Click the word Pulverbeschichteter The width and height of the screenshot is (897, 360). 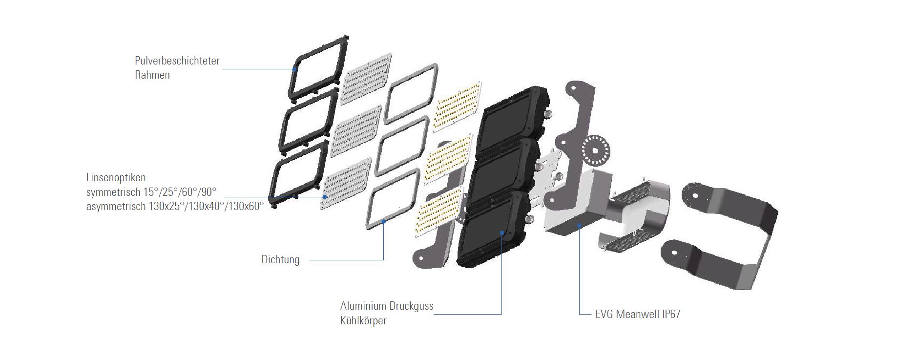(177, 61)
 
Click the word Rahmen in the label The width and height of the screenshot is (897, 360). (152, 75)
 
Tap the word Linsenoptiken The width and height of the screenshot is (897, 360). (116, 178)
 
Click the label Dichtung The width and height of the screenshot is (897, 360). (280, 260)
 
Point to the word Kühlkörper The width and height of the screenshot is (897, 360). (363, 321)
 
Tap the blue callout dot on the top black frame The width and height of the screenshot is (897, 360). (294, 69)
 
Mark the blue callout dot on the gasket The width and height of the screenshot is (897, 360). (384, 221)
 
